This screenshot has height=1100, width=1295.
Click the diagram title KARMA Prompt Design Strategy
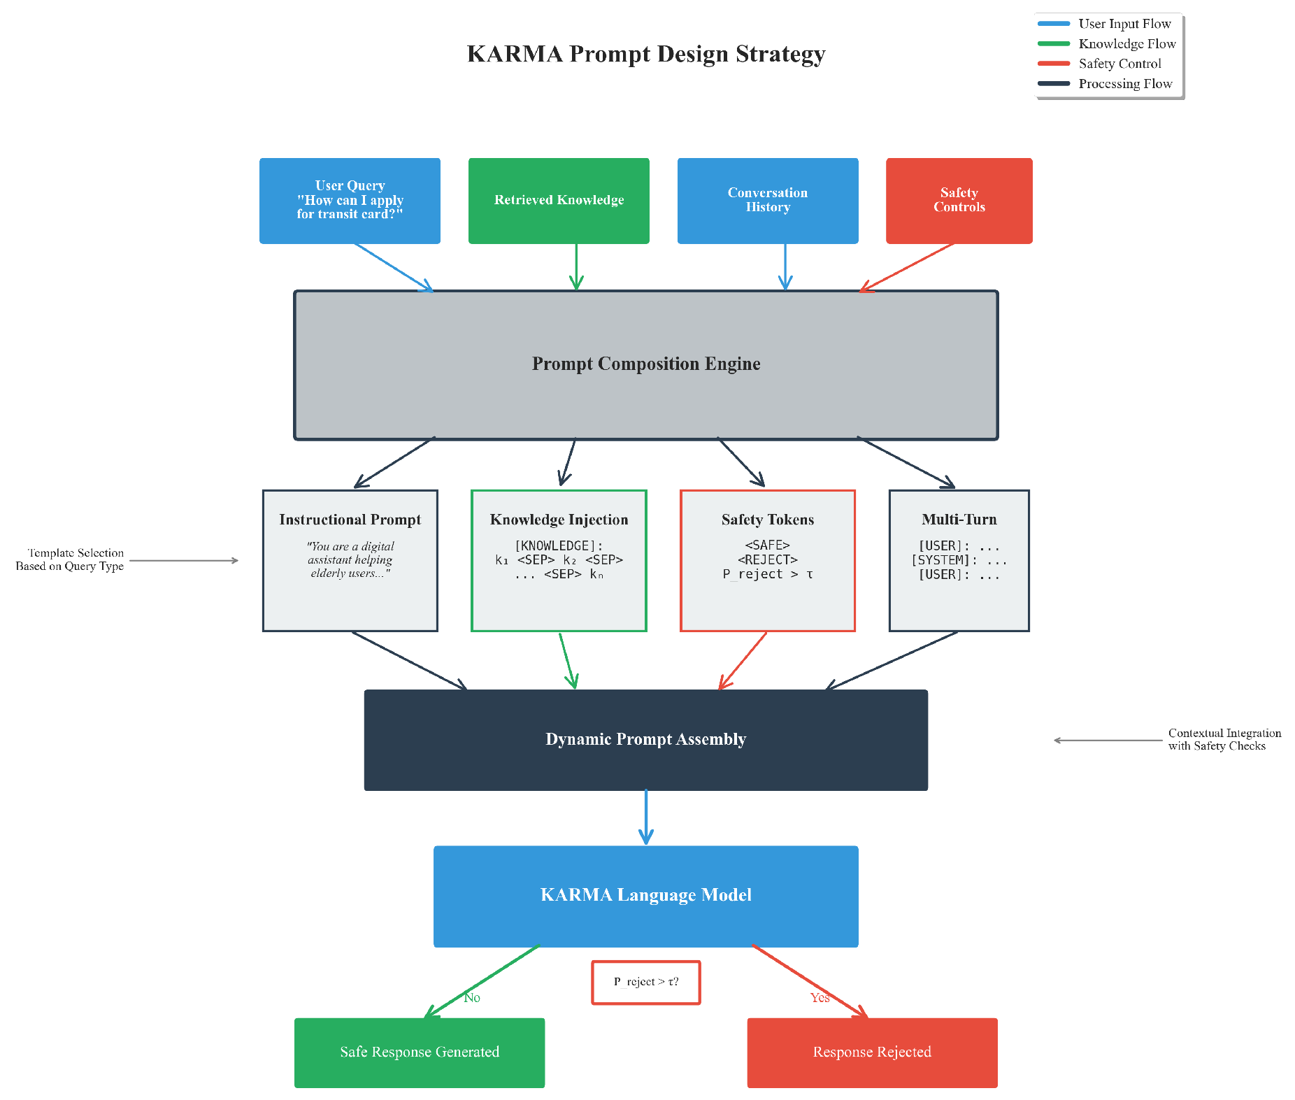point(645,54)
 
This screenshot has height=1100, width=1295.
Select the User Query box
point(350,201)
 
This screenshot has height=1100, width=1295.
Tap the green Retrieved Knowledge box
point(559,201)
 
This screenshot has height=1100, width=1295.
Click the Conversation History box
point(767,201)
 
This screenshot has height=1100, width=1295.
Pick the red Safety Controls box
point(959,201)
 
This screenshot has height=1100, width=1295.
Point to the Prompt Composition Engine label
point(645,364)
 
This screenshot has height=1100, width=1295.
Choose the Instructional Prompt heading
point(350,520)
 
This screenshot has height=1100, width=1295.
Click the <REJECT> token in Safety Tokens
point(767,559)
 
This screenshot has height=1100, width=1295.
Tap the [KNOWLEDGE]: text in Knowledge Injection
point(559,545)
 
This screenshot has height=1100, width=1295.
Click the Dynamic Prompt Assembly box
point(645,740)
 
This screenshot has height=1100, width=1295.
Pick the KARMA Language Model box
point(645,896)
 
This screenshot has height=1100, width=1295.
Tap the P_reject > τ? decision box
point(645,982)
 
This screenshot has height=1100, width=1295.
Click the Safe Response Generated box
point(419,1052)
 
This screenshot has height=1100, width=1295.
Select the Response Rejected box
point(872,1052)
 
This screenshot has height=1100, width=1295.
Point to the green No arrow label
point(472,998)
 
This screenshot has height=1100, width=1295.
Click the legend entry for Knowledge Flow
point(1126,44)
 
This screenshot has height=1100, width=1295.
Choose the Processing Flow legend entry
point(1124,84)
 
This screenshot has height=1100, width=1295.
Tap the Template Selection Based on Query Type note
point(70,559)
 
